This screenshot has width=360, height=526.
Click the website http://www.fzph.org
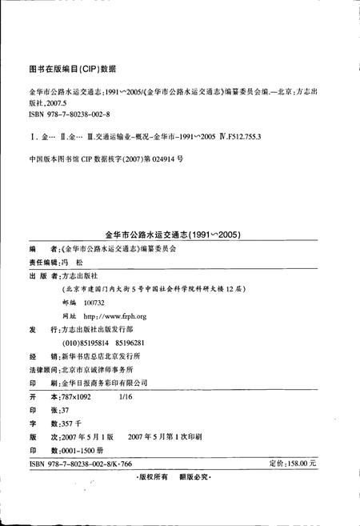[x=110, y=316]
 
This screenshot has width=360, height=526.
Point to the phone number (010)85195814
[x=85, y=342]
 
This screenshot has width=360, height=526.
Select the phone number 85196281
[x=137, y=342]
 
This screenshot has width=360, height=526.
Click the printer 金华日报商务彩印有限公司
[x=109, y=383]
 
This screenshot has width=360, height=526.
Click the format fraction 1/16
[x=126, y=396]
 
